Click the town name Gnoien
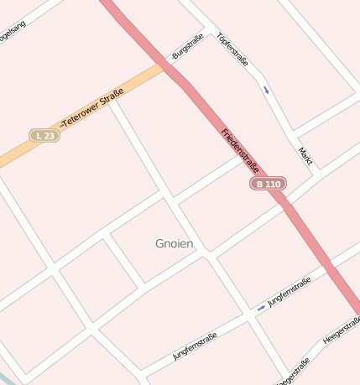click(175, 244)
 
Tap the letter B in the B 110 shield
click(260, 184)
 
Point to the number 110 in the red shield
click(273, 184)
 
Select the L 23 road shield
click(44, 135)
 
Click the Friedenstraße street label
click(239, 150)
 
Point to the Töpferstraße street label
click(232, 49)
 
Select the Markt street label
click(305, 155)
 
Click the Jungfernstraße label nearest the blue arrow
click(289, 292)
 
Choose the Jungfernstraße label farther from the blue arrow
click(195, 346)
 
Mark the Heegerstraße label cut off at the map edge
click(294, 372)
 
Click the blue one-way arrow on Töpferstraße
click(266, 89)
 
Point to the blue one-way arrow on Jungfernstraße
click(262, 308)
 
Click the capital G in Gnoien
click(160, 244)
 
